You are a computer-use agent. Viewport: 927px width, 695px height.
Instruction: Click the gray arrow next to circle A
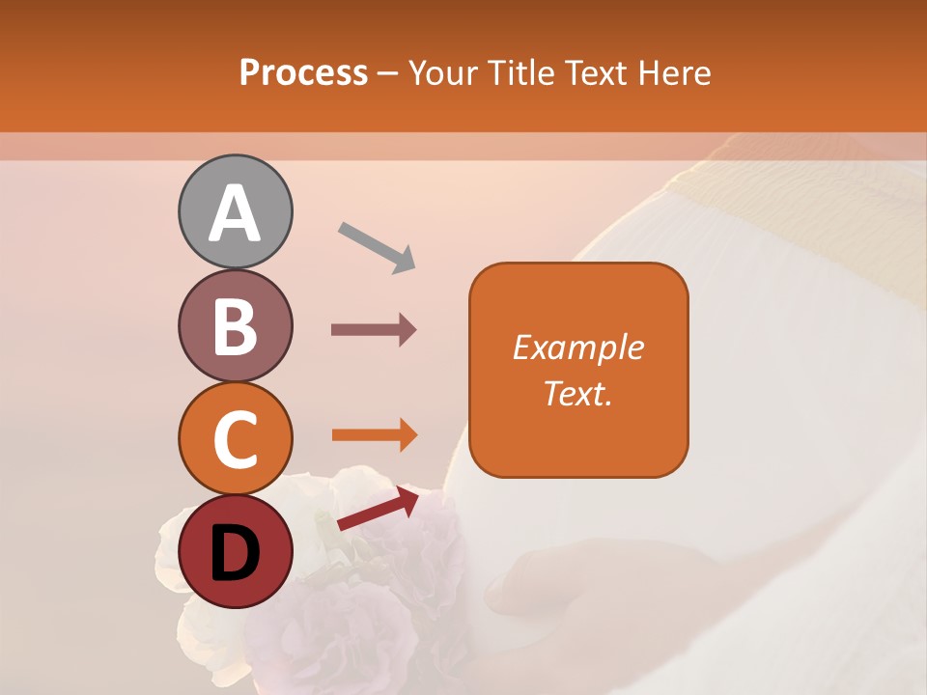(x=377, y=247)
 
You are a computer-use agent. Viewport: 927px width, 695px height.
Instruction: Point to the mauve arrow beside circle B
(x=374, y=330)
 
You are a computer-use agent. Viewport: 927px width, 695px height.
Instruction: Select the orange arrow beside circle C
(x=374, y=435)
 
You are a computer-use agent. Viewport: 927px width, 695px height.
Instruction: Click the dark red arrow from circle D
(x=378, y=509)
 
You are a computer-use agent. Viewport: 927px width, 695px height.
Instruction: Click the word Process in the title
(x=303, y=72)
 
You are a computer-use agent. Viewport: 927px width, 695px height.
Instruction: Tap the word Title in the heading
(x=521, y=72)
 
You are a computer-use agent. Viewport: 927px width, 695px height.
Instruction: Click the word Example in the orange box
(x=577, y=347)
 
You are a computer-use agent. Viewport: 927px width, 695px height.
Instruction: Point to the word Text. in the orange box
(x=577, y=393)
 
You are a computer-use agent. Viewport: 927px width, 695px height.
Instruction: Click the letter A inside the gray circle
(x=235, y=213)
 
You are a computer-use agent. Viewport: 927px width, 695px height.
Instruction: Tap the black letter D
(x=235, y=553)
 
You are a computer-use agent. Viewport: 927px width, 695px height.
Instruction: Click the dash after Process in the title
(x=388, y=73)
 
